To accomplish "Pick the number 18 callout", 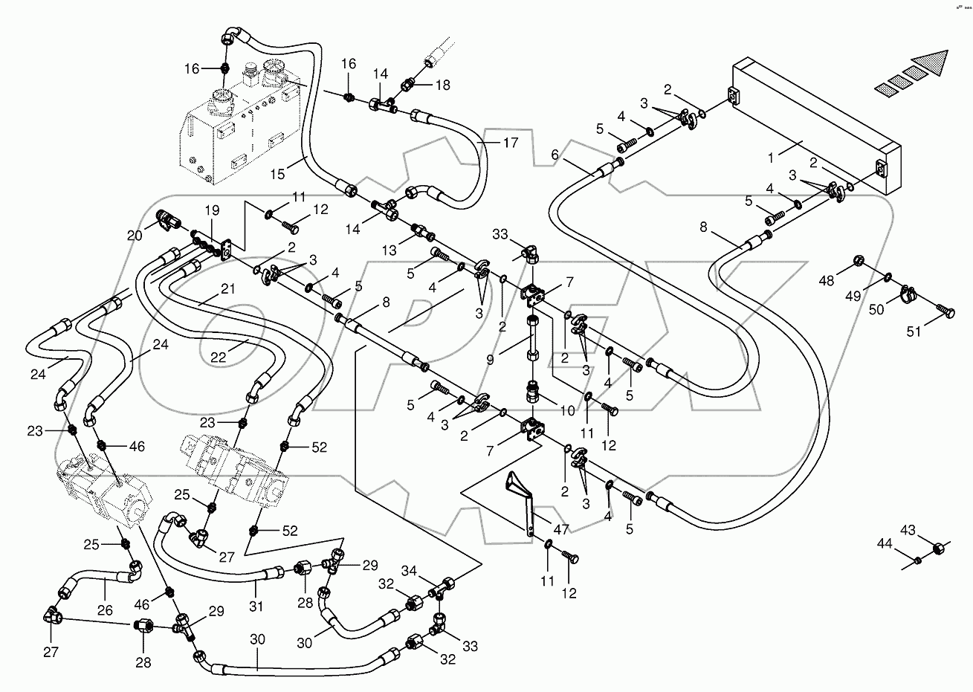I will (442, 85).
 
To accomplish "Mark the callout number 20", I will (134, 235).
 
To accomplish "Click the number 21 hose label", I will (227, 288).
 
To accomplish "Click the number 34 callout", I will (410, 570).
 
